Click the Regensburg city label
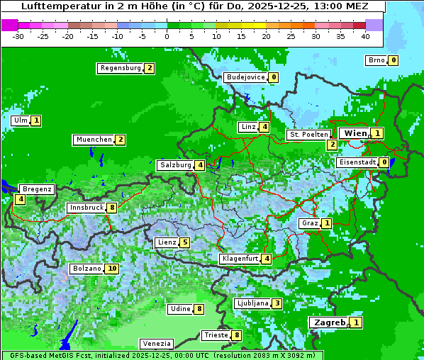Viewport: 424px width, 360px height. [120, 68]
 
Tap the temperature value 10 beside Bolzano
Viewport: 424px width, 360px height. [112, 269]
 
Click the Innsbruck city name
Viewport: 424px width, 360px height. [85, 208]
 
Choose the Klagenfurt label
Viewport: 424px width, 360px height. [239, 259]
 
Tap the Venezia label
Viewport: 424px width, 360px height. [156, 343]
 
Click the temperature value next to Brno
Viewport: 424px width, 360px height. [393, 61]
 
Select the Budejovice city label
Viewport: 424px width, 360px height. [245, 77]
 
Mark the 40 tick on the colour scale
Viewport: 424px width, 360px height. [365, 35]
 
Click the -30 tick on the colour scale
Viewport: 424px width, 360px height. [18, 35]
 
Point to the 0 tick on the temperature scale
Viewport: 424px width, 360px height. [167, 35]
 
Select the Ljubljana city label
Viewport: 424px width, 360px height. [252, 303]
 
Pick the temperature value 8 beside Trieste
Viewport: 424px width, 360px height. [237, 335]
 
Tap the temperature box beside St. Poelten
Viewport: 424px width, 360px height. [332, 145]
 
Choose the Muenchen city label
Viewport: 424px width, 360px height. [94, 140]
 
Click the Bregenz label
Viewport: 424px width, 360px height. [37, 189]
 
